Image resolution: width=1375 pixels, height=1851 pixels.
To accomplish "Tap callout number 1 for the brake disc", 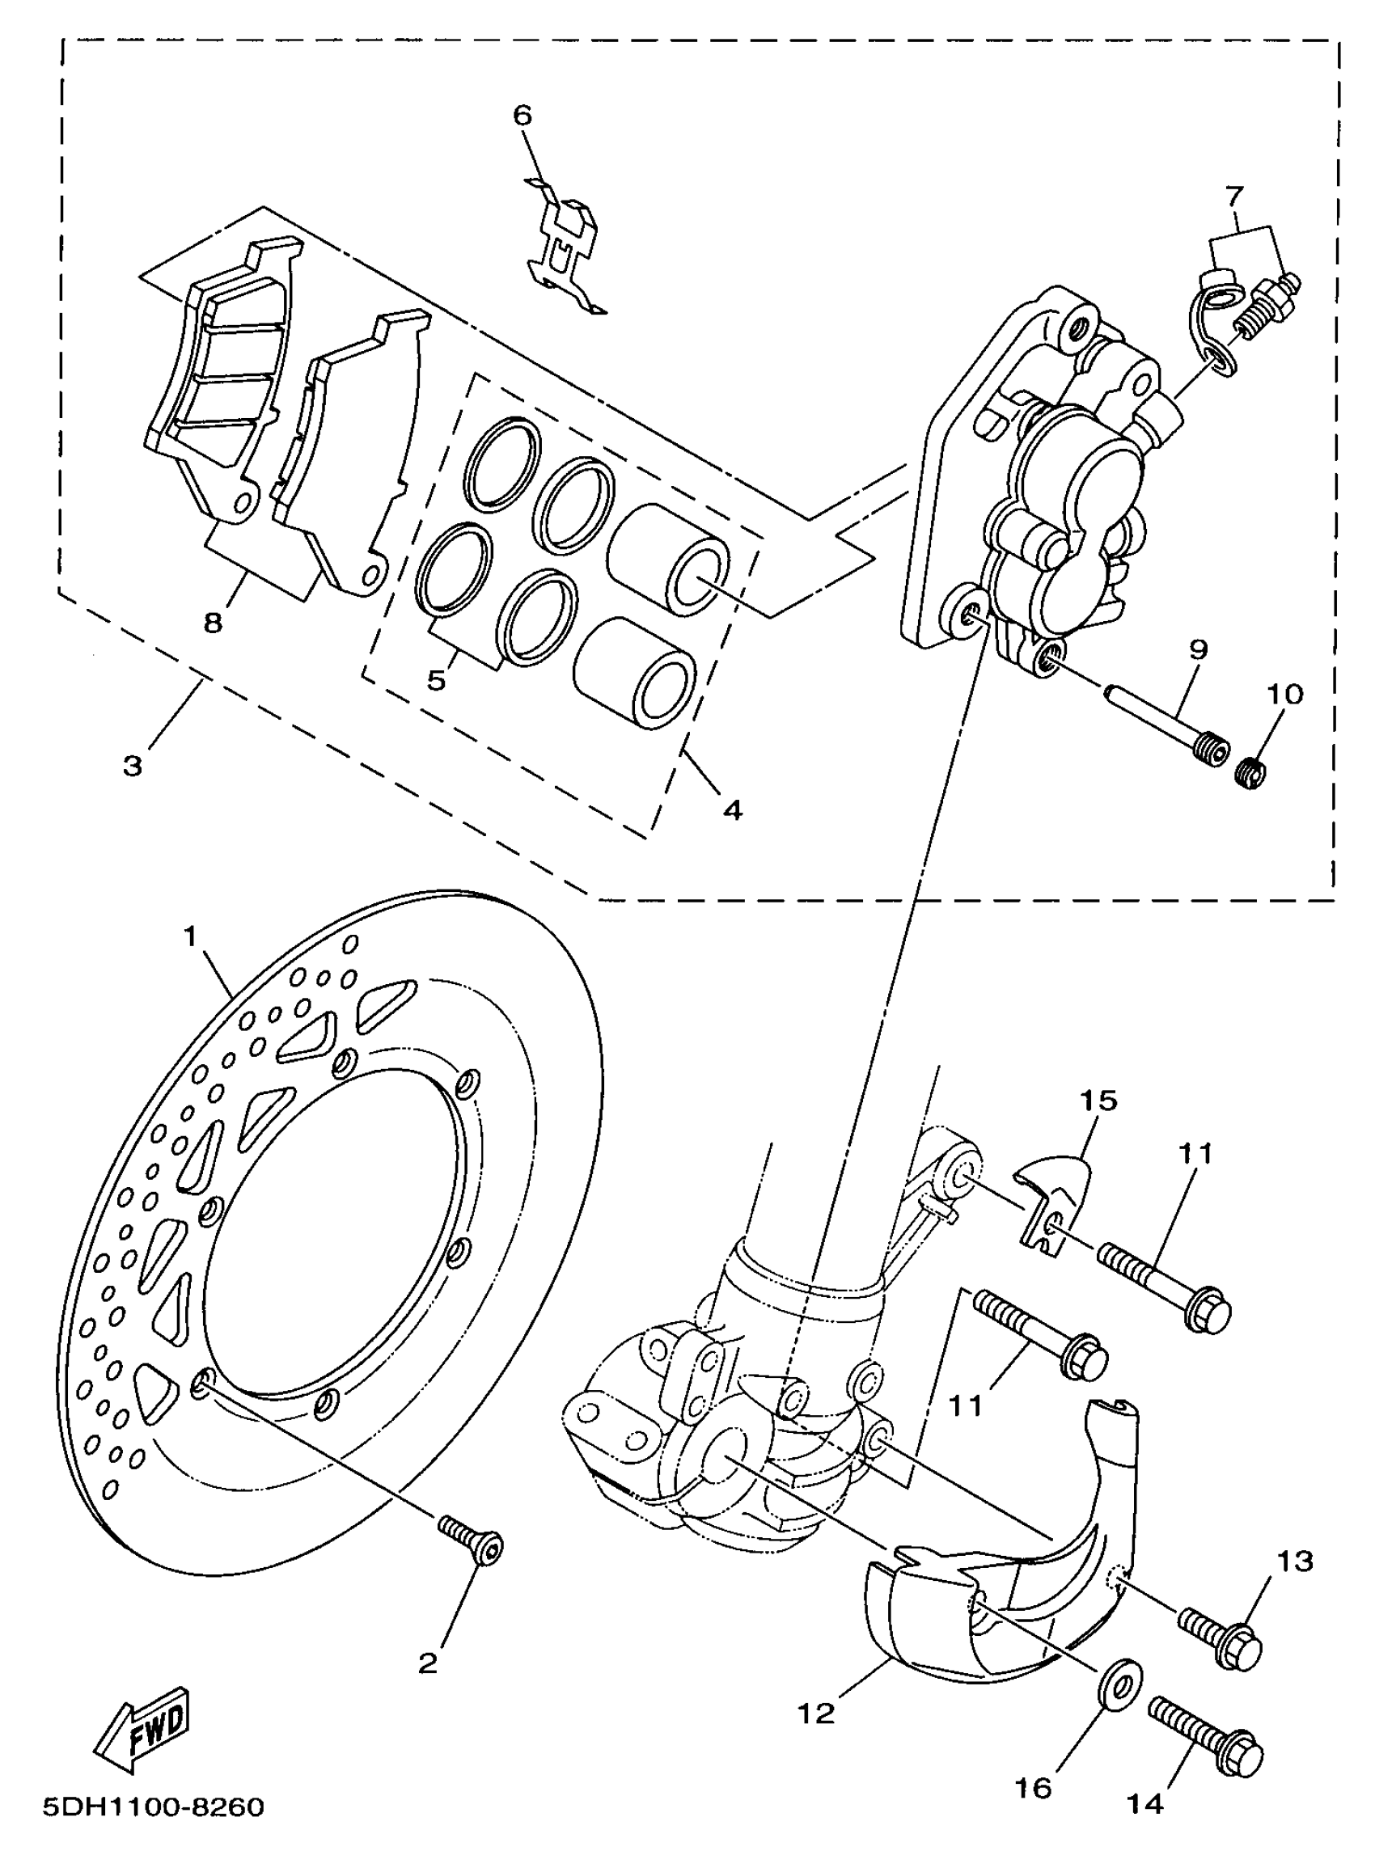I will [x=191, y=937].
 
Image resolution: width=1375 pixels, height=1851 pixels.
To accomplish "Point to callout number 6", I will [x=522, y=115].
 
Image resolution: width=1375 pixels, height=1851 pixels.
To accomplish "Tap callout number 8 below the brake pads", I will [x=213, y=623].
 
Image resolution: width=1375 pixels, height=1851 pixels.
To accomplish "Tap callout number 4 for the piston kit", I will [x=732, y=809].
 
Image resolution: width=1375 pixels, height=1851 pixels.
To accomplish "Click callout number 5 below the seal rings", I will [x=437, y=680].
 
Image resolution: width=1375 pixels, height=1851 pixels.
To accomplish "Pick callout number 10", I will [x=1285, y=694].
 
